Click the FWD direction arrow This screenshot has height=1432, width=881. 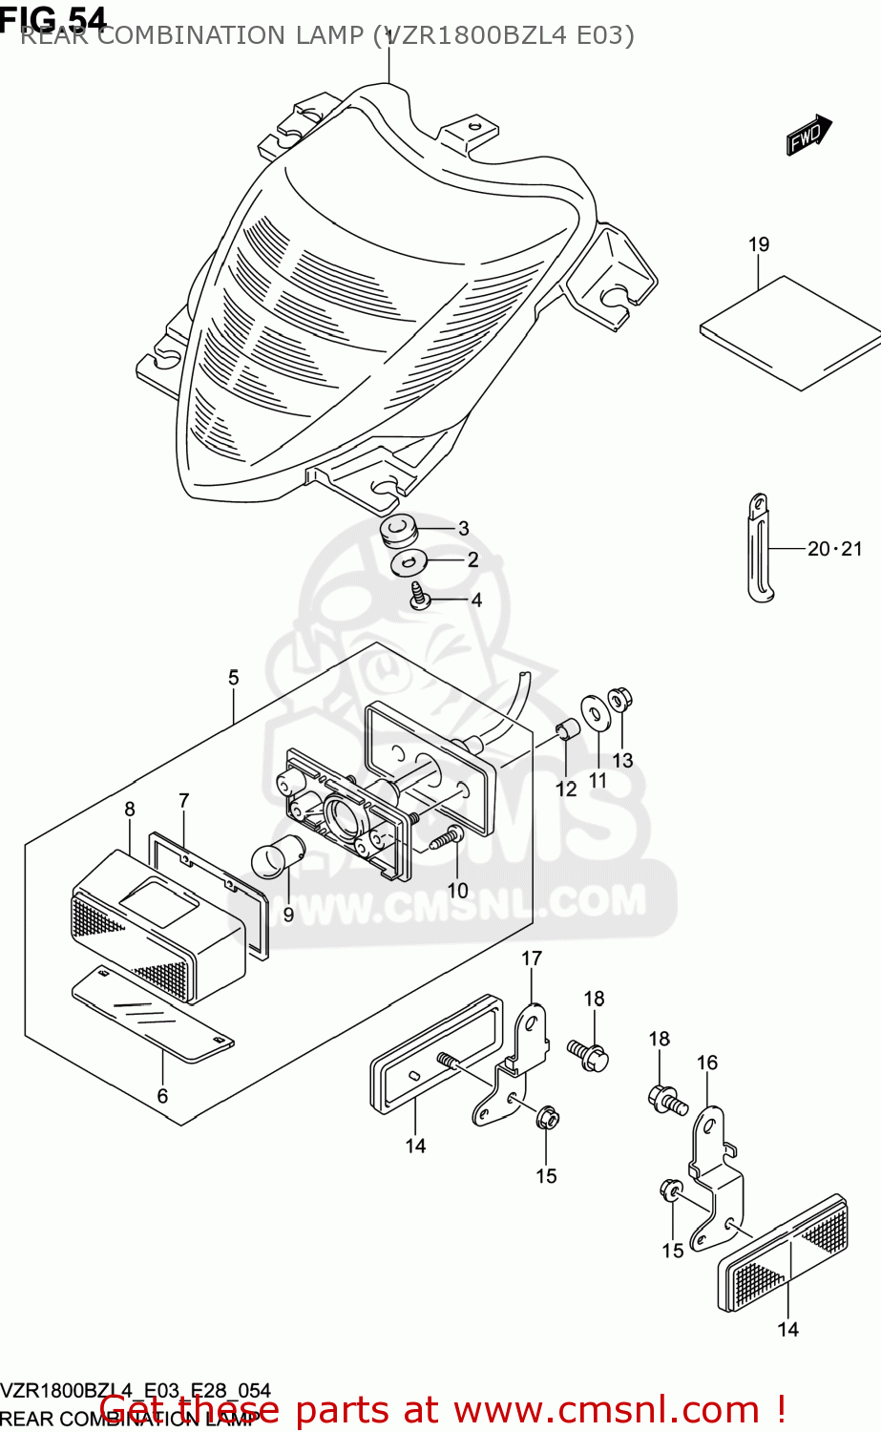(x=808, y=135)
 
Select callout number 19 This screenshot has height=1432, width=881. (x=759, y=244)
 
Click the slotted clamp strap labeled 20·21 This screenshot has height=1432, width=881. (x=759, y=549)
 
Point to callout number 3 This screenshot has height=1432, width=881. (x=463, y=529)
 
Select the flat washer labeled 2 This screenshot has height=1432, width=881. (x=409, y=563)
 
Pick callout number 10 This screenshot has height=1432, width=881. (x=458, y=891)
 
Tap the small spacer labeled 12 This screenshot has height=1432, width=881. (x=566, y=730)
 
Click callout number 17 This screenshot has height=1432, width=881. (x=532, y=958)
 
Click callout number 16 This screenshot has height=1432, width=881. (x=706, y=1063)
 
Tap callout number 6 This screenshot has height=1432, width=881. (x=162, y=1096)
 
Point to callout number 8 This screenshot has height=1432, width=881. (x=130, y=810)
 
